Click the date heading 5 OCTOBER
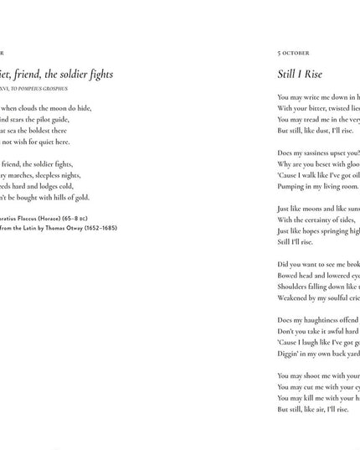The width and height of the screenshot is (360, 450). [293, 53]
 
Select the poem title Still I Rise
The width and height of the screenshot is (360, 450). [300, 75]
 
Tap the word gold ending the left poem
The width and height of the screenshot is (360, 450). [81, 197]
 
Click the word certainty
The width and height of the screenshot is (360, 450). [320, 220]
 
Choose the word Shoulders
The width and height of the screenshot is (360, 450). [296, 286]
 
